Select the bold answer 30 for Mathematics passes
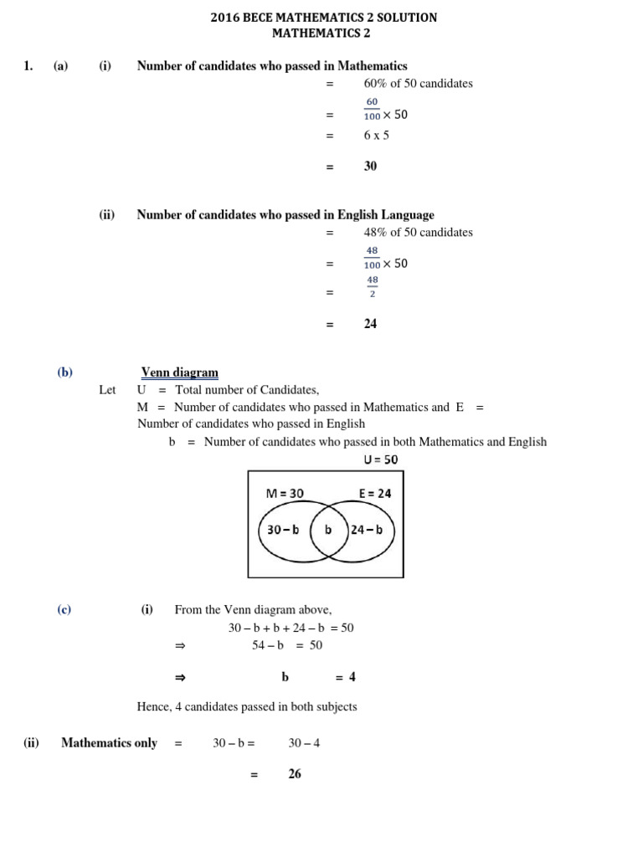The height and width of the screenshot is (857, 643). [370, 166]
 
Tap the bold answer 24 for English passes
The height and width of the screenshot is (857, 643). [370, 323]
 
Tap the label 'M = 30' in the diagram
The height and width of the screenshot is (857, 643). [285, 494]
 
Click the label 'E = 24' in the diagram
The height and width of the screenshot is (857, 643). [375, 494]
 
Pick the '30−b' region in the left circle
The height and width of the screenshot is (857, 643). [283, 530]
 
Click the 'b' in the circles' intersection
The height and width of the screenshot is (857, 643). [328, 530]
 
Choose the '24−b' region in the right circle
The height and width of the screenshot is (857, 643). [367, 530]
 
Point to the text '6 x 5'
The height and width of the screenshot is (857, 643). [376, 135]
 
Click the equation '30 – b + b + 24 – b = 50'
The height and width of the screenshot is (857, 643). [291, 628]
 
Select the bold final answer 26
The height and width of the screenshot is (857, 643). [294, 774]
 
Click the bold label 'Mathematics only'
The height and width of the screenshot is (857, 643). [109, 743]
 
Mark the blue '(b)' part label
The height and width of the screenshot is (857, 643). [65, 372]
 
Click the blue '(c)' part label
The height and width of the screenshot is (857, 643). [64, 610]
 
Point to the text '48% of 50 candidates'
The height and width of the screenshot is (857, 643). [418, 232]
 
